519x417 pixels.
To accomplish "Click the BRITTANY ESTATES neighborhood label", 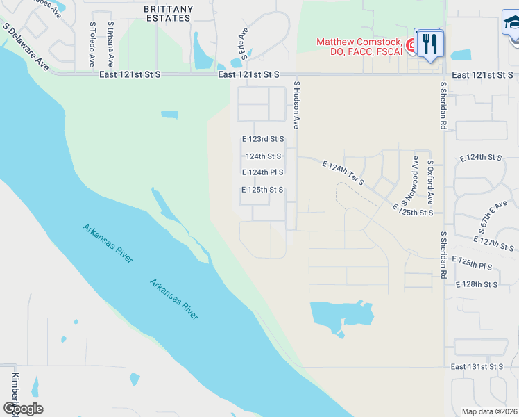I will click(x=167, y=13).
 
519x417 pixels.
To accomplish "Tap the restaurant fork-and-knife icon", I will click(x=430, y=44).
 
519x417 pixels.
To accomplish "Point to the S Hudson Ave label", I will click(x=296, y=104).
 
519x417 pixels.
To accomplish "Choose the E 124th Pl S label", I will click(x=262, y=172).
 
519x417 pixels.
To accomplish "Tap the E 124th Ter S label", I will click(x=343, y=172).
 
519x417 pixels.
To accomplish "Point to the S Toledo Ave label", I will click(x=92, y=44).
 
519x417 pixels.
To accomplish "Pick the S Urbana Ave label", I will click(x=110, y=44).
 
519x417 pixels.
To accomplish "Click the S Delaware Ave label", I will click(x=26, y=47).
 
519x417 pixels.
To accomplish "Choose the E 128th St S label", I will click(x=477, y=284).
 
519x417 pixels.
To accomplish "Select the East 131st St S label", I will click(x=477, y=366).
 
